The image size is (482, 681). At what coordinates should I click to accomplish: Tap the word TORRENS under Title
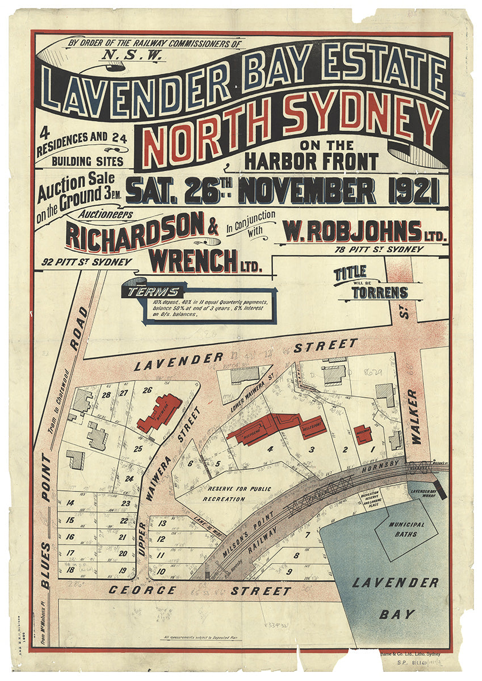pyautogui.click(x=380, y=293)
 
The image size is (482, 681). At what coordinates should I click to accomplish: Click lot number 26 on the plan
pyautogui.click(x=148, y=390)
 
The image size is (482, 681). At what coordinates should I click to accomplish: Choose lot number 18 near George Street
pyautogui.click(x=71, y=570)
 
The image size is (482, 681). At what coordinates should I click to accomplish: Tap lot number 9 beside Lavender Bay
pyautogui.click(x=289, y=571)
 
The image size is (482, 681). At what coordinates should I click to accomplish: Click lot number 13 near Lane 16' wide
pyautogui.click(x=162, y=523)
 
